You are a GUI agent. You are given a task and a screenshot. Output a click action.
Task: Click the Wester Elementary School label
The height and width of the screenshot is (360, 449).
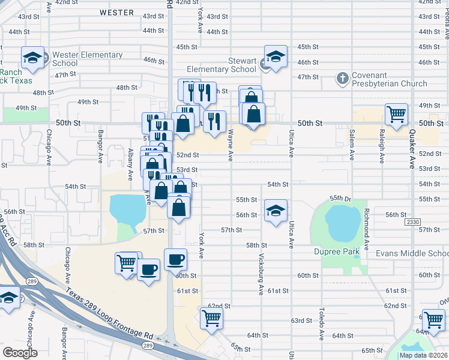coord(87,59)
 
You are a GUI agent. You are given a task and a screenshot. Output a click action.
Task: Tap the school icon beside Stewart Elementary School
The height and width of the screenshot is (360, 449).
coord(276,57)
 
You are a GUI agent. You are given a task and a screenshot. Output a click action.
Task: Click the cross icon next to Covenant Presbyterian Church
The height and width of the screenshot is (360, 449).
coord(342,77)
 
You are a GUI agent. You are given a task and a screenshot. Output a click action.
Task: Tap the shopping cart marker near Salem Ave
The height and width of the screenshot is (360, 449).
coord(396,114)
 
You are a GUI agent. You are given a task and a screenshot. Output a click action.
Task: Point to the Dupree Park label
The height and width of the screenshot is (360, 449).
coord(336,252)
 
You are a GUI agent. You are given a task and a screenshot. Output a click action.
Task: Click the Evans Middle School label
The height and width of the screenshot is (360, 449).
coord(412,253)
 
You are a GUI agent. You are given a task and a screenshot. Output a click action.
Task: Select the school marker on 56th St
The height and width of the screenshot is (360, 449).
coord(276,211)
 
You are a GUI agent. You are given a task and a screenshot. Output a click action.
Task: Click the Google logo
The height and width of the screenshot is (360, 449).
coord(20,352)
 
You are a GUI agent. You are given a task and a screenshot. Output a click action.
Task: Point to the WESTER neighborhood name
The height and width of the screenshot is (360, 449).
coord(117,12)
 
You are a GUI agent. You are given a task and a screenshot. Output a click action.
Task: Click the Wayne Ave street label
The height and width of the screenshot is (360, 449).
coord(231,147)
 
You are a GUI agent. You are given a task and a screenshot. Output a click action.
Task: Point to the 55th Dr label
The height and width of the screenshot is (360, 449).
coord(340,198)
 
